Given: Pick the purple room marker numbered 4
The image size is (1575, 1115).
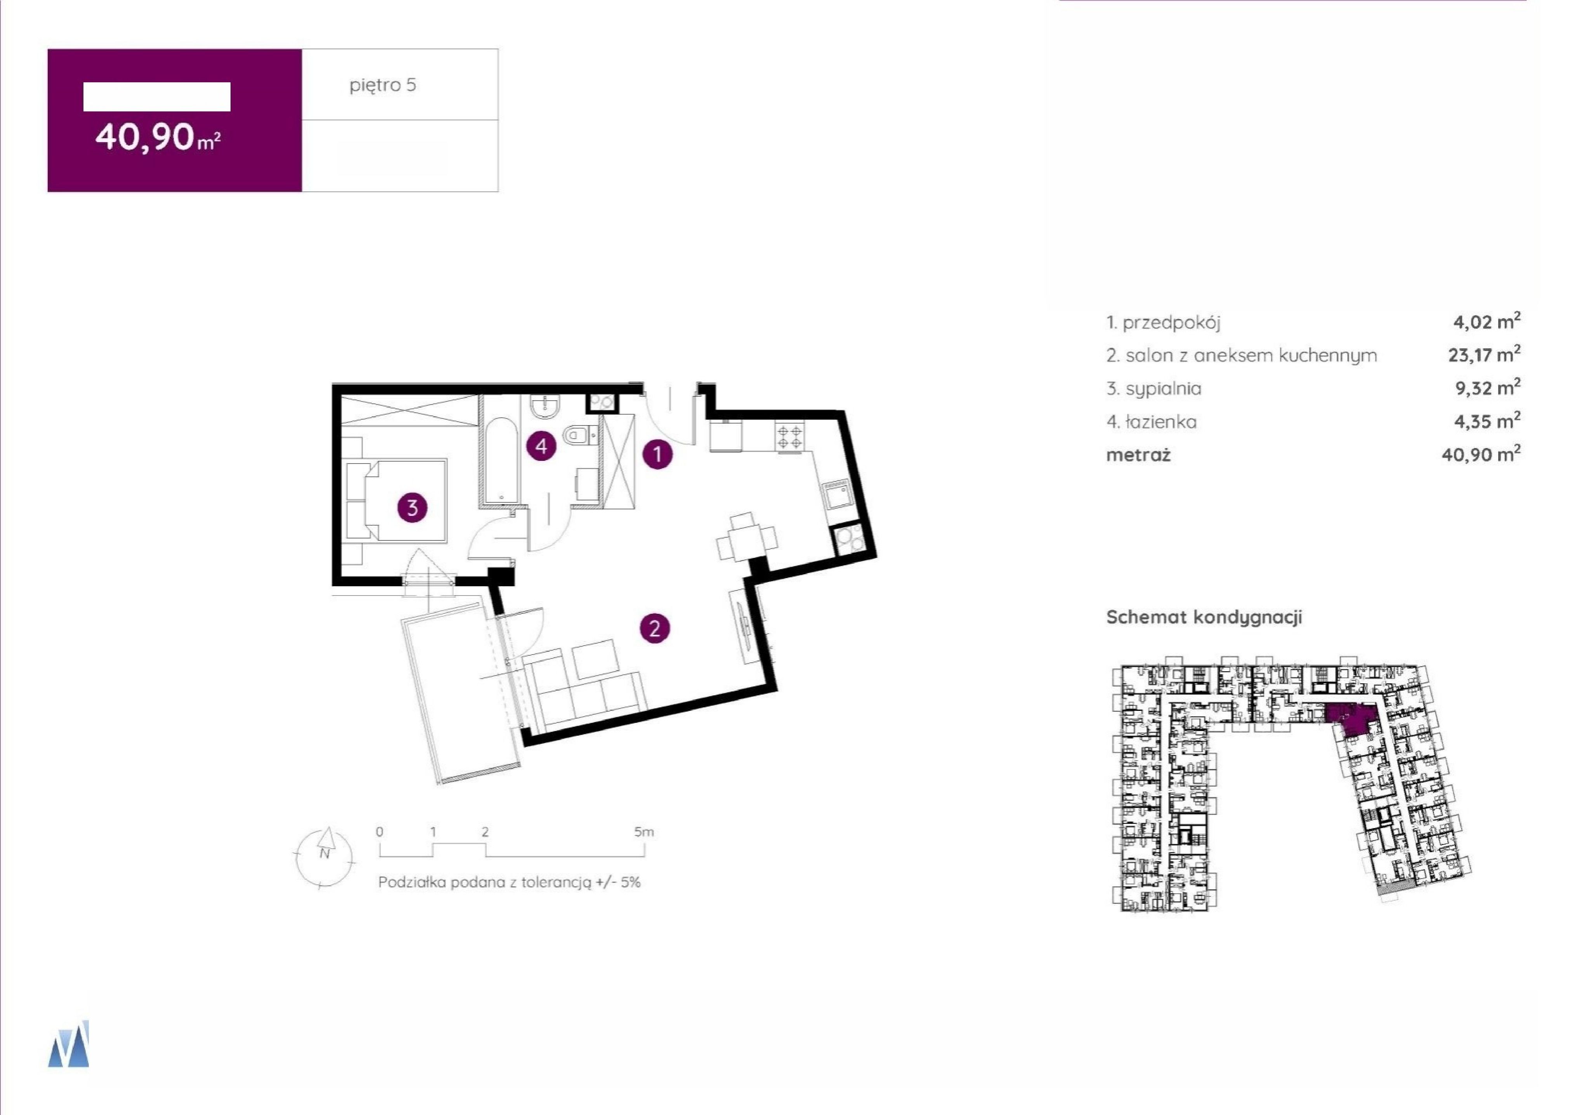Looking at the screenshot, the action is pos(541,446).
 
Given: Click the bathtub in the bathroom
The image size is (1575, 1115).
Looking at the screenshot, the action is pos(502,458).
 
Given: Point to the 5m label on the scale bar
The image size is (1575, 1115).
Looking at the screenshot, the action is pos(644,832).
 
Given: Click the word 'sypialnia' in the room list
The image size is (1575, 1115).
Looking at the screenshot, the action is pos(1164,389).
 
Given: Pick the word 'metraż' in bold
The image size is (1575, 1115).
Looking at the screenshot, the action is pos(1138,455).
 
